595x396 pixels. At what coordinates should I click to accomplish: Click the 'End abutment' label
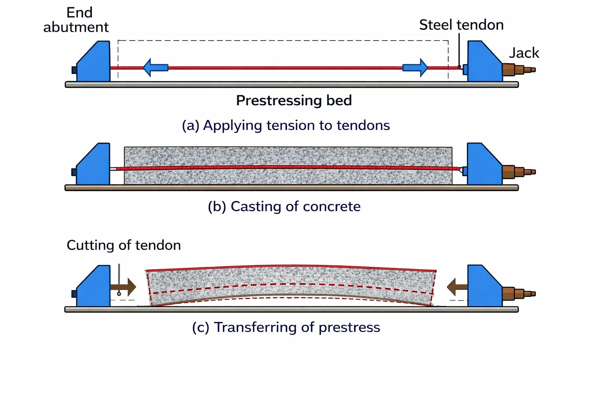click(76, 20)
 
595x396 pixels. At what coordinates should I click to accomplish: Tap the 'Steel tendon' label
click(461, 25)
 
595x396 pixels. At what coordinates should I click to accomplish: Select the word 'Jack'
click(524, 53)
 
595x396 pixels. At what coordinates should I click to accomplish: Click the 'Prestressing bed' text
click(294, 101)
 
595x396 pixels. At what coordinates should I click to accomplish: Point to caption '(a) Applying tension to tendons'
click(286, 125)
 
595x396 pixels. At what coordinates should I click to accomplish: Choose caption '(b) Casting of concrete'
click(284, 207)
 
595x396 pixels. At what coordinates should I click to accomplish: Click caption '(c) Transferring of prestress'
click(286, 327)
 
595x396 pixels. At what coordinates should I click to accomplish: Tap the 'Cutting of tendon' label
click(124, 245)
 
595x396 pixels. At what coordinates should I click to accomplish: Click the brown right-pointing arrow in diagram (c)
click(124, 287)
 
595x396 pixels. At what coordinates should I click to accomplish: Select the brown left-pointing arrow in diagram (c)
click(457, 287)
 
